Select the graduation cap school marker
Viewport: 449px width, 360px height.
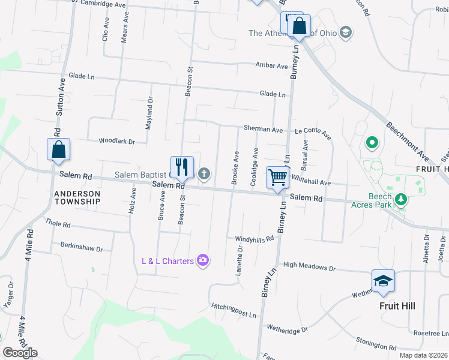pos(383,281)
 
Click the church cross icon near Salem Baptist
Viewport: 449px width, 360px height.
pos(204,174)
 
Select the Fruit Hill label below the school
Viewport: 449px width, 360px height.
pos(397,305)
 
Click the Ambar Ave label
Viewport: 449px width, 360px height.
pos(271,65)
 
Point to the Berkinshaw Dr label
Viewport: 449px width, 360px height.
pos(82,245)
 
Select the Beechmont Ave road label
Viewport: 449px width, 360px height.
pos(409,142)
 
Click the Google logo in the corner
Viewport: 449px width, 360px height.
pos(20,353)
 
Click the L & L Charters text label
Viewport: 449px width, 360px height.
pos(167,260)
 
